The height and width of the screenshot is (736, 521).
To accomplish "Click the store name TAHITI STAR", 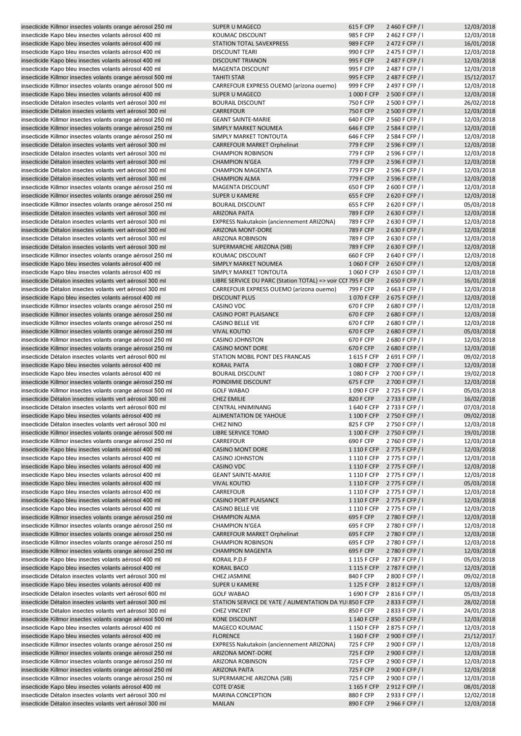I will [x=228, y=77].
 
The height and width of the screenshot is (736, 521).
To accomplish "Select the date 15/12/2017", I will [x=479, y=77].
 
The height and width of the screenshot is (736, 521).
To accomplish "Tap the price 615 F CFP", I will [x=361, y=26].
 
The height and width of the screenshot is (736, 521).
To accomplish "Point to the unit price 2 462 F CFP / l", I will [x=405, y=35].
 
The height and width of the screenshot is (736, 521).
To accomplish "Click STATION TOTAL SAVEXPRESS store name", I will [x=250, y=43].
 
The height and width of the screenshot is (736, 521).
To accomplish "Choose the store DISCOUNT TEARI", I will [x=235, y=52].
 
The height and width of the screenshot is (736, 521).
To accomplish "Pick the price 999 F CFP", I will [x=361, y=86].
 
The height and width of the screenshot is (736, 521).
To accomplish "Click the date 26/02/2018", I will [x=479, y=103].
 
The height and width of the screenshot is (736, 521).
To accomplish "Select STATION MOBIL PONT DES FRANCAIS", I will [x=261, y=357].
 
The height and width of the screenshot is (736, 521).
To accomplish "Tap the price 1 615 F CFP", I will [x=363, y=357].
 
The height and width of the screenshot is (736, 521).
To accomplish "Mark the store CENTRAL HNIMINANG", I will [x=242, y=407].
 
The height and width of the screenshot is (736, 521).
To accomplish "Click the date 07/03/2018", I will [x=479, y=407].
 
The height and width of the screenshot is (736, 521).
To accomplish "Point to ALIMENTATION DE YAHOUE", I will [x=249, y=416].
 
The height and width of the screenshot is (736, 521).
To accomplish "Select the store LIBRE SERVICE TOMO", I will [x=241, y=433].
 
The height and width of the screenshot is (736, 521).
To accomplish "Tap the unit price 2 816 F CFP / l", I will [x=405, y=594].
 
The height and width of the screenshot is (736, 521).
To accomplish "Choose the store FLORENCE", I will [x=226, y=636].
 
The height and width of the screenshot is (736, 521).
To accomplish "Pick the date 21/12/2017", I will [x=479, y=636].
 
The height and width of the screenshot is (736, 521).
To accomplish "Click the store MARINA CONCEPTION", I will [x=242, y=695].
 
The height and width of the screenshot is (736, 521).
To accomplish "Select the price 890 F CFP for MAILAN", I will [x=361, y=703].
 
